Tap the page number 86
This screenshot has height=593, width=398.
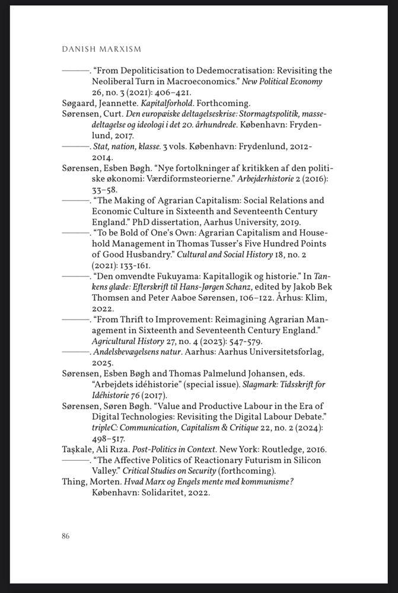pyautogui.click(x=65, y=536)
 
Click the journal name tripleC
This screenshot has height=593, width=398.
pyautogui.click(x=106, y=427)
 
